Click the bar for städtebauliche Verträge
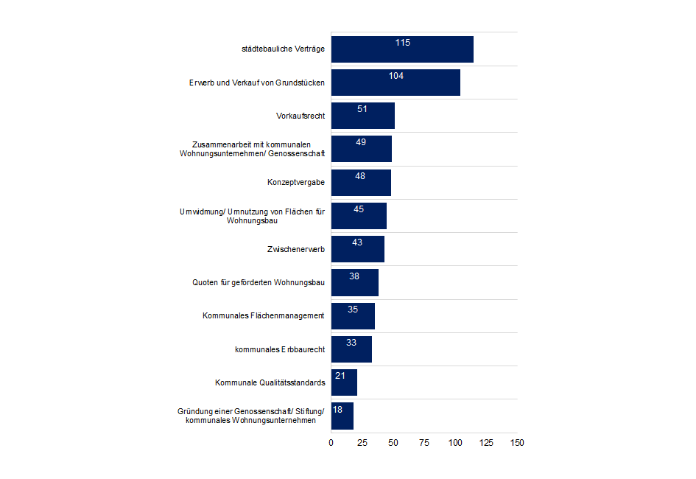point(402,49)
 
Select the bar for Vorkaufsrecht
point(362,116)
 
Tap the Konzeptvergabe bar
point(361,183)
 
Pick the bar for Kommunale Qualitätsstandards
point(344,382)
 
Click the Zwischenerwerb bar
point(357,249)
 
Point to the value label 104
point(396,76)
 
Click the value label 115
point(402,43)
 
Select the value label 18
point(337,409)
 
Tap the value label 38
point(354,276)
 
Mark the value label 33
point(351,343)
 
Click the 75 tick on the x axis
point(424,443)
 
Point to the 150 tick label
point(517,443)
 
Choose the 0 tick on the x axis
point(331,443)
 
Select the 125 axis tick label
point(486,443)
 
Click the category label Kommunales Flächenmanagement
point(264,316)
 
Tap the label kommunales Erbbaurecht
point(274,349)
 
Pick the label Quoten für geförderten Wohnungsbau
point(259,282)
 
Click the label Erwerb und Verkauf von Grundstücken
point(257,83)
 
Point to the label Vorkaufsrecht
point(300,116)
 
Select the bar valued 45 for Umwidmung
point(359,216)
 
